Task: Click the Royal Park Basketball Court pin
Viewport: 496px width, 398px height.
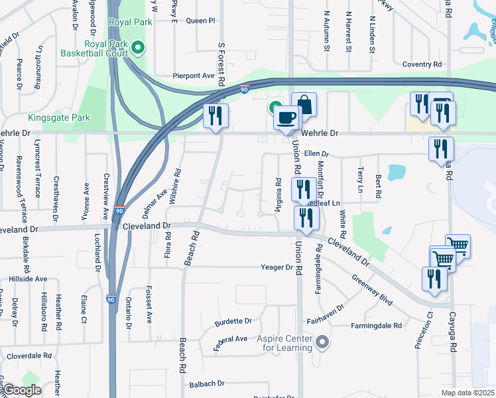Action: (138, 47)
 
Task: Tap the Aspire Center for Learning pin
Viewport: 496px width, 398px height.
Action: (322, 342)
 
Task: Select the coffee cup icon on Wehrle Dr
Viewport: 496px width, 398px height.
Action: (286, 117)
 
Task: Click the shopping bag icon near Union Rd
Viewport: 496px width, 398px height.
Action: (304, 104)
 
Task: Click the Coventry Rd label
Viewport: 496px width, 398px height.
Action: (422, 64)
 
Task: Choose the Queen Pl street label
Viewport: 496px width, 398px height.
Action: (201, 21)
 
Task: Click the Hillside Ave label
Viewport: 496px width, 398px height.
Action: (28, 279)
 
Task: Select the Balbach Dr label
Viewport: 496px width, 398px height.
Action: (207, 383)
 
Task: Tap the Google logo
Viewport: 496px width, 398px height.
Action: (22, 390)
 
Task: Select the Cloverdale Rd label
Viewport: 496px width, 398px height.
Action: (29, 356)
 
